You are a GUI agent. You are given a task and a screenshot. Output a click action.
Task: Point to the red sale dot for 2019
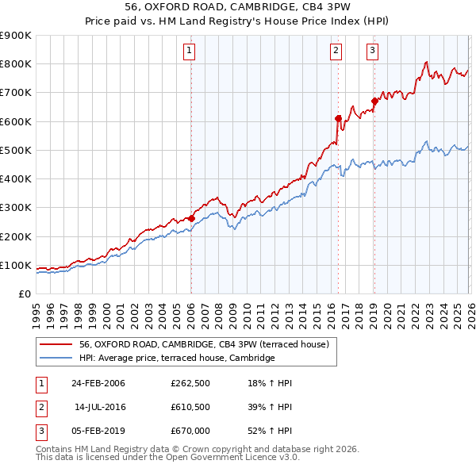(x=374, y=101)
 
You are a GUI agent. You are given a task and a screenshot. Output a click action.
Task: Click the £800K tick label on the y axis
(x=15, y=64)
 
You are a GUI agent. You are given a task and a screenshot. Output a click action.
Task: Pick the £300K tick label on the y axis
(x=15, y=208)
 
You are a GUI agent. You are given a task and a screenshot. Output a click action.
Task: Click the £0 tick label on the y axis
(x=23, y=294)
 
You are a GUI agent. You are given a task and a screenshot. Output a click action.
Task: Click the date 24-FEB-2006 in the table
(x=98, y=384)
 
